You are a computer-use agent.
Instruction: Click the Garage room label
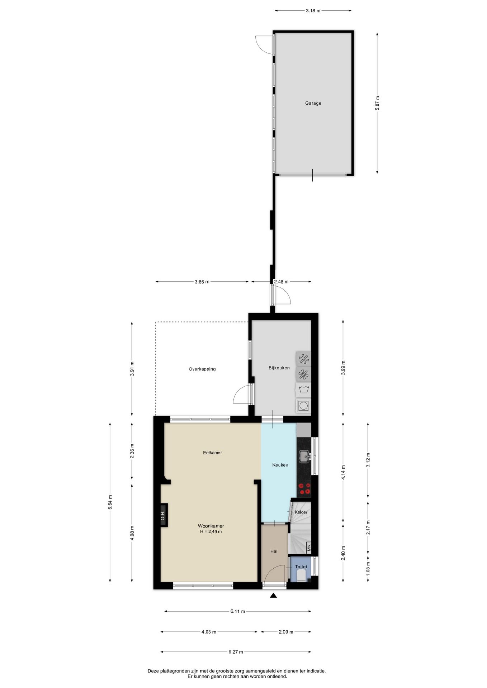coord(313,103)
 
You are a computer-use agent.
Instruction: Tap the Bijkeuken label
coord(279,368)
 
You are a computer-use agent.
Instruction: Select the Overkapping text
coord(202,369)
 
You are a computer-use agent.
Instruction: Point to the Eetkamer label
coord(212,453)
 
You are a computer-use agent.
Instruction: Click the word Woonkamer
coord(211,526)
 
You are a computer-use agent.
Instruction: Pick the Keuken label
coord(280,465)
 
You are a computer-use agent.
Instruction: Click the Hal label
coord(274,551)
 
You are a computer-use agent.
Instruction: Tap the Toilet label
coord(301,567)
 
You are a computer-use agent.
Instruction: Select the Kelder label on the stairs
coord(301,512)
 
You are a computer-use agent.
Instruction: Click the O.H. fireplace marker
coord(163,515)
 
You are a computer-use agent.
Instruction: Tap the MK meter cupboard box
coord(308,548)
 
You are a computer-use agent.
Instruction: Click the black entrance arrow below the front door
coord(274,596)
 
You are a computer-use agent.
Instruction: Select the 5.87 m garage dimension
coord(377,103)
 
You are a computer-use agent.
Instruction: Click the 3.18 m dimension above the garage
coord(313,11)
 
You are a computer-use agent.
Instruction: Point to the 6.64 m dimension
coord(110,502)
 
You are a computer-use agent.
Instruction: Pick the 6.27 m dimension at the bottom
coord(236,652)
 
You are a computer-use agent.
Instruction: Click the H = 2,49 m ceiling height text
coord(211,532)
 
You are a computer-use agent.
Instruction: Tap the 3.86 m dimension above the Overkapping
coord(202,282)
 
